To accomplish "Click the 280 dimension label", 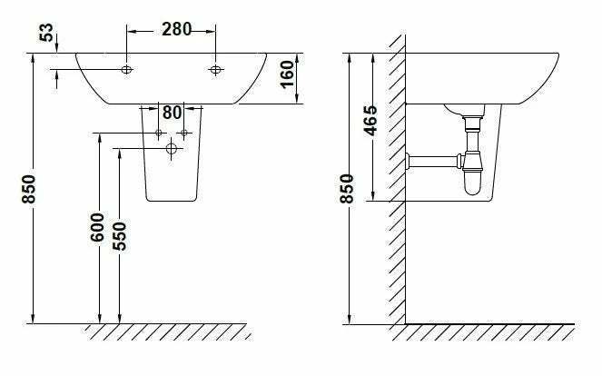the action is [x=176, y=29].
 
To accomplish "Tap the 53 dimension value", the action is [x=46, y=33].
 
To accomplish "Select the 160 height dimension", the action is [x=287, y=74].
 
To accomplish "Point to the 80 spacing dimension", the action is [x=172, y=113].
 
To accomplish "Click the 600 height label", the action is [x=97, y=227].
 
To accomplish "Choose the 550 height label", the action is [x=120, y=236].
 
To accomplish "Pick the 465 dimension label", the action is [x=370, y=121].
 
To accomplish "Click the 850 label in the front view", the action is [x=29, y=189].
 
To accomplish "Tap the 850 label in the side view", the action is [x=347, y=189].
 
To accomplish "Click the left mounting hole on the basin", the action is [x=127, y=70].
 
